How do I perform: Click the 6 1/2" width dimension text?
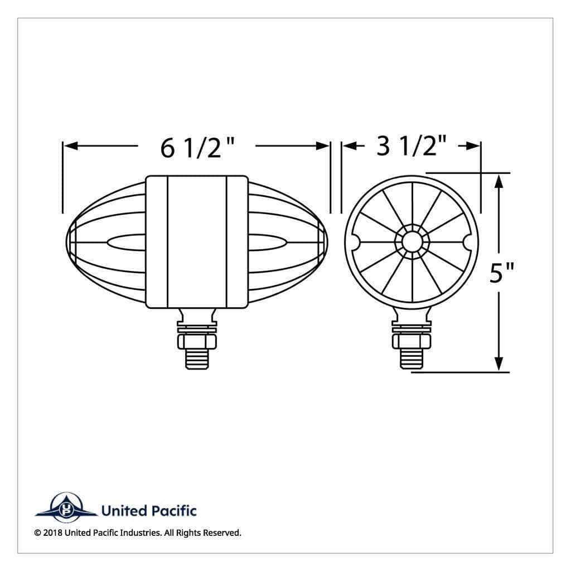click(x=197, y=148)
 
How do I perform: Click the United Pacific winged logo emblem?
click(x=66, y=507)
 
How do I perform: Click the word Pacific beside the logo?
click(x=173, y=511)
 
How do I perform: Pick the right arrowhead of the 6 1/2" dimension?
click(x=322, y=146)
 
